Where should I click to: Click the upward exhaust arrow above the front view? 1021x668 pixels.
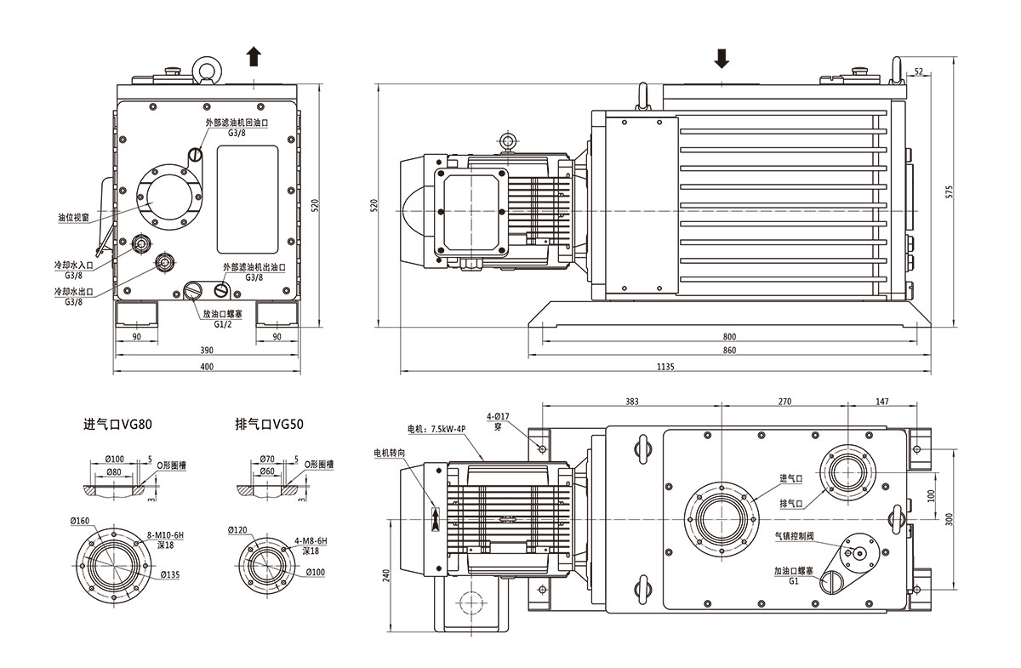click(254, 57)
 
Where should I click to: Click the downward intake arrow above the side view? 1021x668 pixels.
click(722, 58)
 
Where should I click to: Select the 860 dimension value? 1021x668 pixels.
click(729, 351)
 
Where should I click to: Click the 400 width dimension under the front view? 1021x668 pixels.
click(206, 367)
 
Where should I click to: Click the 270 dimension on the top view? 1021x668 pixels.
click(784, 401)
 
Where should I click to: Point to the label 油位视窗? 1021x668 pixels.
click(74, 218)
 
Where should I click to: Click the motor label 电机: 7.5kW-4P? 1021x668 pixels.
click(436, 430)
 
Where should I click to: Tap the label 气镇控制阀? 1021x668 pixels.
click(794, 537)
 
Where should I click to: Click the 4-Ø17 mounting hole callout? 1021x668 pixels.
click(498, 416)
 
